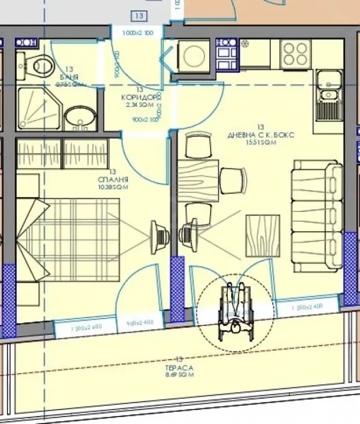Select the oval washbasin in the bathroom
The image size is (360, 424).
[x=76, y=117]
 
